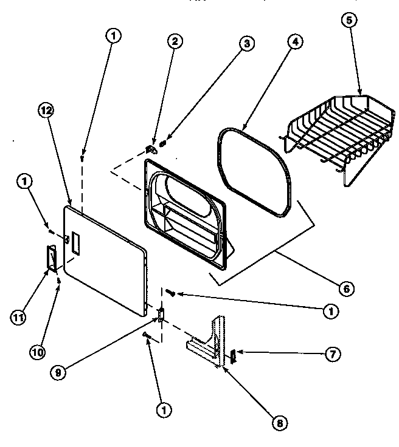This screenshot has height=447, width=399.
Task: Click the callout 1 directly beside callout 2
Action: [x=113, y=36]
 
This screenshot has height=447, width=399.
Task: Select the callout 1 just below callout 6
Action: [x=331, y=312]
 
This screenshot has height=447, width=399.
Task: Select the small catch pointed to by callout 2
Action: [x=152, y=148]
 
